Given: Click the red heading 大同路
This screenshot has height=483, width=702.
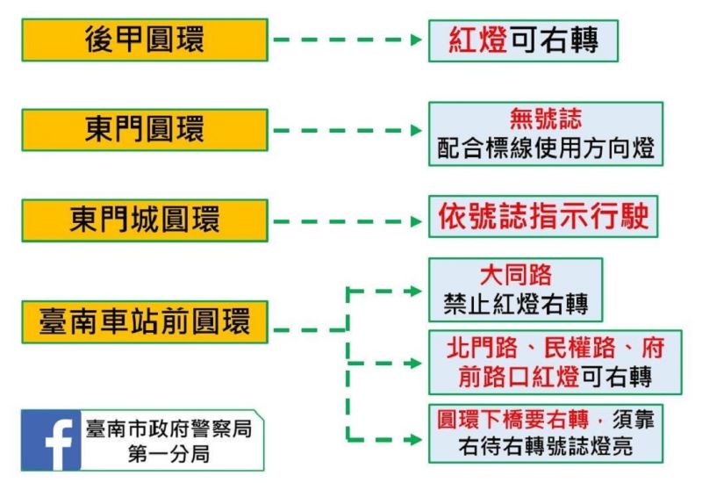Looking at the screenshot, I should pyautogui.click(x=516, y=275).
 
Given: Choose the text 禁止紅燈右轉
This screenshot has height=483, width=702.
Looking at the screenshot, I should pyautogui.click(x=516, y=304).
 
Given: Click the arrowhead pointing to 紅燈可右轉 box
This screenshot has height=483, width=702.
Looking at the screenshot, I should pyautogui.click(x=419, y=40).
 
